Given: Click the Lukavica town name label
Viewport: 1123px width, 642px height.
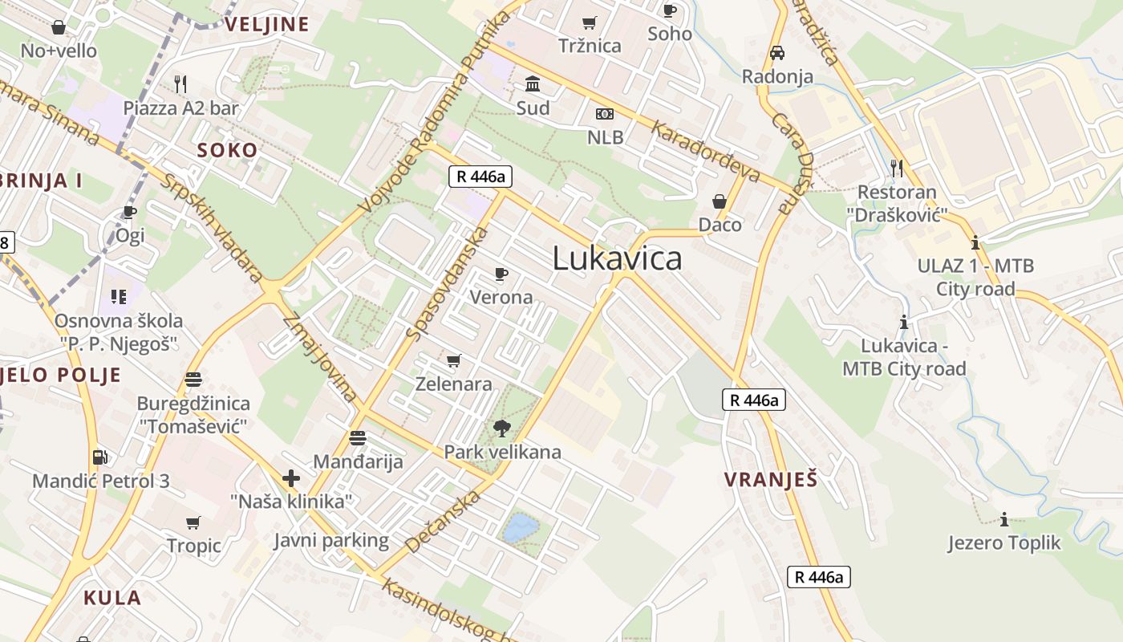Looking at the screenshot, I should point(618,258).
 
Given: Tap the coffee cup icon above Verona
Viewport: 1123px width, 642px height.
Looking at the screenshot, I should point(501,274).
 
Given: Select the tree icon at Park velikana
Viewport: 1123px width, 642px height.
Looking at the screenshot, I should point(502,429).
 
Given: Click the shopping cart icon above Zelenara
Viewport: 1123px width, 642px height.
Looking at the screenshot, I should point(454,360).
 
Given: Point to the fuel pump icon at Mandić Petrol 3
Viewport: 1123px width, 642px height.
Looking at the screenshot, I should point(100,457).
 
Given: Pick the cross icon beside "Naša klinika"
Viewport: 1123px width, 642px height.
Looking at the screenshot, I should point(291,479).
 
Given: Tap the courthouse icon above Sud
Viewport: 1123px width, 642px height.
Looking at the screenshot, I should point(533,83).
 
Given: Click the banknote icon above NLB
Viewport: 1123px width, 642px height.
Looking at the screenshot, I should point(605,114).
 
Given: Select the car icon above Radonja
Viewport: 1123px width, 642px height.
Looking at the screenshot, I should point(776,53).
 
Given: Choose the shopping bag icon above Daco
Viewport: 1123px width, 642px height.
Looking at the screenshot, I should point(720,201).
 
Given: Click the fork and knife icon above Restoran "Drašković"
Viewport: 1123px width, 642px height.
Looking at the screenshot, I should point(897,168).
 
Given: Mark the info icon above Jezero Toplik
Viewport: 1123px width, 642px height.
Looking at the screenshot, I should point(1003,519).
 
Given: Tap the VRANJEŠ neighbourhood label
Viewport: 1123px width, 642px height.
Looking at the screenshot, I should point(771,480).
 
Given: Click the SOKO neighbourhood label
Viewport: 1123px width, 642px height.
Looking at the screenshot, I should point(228,150).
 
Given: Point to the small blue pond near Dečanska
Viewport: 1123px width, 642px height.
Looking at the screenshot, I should point(521,528).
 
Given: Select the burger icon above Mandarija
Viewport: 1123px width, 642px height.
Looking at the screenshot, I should point(358,438).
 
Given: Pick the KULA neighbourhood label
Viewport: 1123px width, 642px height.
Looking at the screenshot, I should point(112,597).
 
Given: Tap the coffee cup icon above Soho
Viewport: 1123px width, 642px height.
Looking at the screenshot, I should point(670,10).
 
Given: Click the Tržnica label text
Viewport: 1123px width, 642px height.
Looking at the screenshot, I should point(590,46).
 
